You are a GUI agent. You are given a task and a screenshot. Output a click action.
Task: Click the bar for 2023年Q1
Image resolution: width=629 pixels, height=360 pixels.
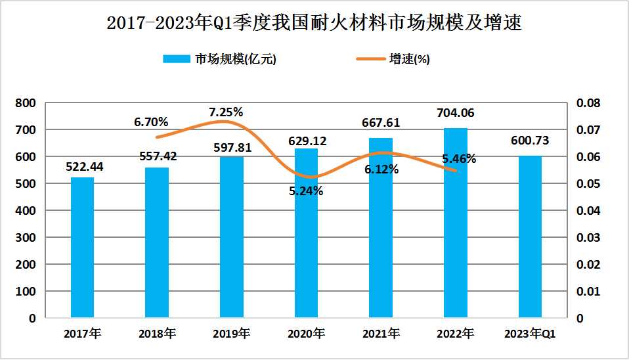(x=530, y=236)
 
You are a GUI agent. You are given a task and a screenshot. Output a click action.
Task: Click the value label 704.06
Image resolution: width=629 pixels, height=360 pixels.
(x=455, y=113)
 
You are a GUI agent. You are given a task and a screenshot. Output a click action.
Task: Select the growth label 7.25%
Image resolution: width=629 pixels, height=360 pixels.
(x=226, y=112)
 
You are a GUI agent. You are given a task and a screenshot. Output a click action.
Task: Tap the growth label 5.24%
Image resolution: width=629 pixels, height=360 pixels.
(x=305, y=191)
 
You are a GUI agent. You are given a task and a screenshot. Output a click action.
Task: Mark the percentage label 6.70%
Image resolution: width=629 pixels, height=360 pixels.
(x=151, y=122)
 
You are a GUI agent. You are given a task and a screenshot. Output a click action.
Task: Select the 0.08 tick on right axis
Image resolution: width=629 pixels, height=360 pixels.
(x=588, y=103)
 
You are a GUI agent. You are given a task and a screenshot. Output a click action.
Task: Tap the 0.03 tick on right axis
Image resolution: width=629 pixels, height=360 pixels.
(x=588, y=237)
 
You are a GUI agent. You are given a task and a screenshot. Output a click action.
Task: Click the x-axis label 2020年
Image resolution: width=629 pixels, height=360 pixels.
(x=306, y=334)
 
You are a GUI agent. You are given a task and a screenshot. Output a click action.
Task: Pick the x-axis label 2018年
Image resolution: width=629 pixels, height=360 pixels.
(x=157, y=334)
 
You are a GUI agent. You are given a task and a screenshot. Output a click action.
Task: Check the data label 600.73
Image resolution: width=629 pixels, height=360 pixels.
(x=529, y=141)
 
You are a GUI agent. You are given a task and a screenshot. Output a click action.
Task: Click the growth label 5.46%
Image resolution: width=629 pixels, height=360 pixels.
(x=459, y=158)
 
